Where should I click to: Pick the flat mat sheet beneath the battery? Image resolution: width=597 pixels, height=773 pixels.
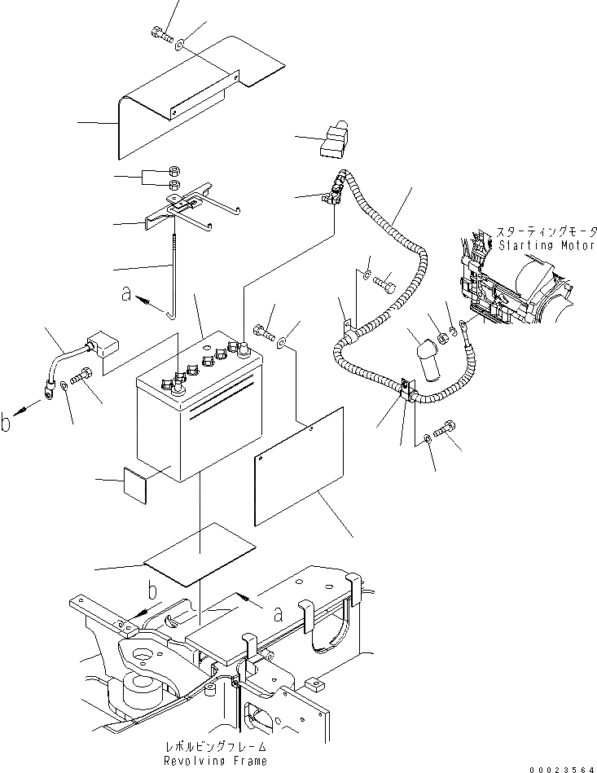coord(200,553)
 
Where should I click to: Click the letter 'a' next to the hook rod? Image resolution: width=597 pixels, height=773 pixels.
coord(127,295)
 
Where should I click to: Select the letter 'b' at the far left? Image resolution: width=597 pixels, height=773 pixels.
coord(7,423)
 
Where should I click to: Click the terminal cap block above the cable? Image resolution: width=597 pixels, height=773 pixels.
coord(334,139)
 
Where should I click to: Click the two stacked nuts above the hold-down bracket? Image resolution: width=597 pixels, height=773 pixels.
coord(173,178)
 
